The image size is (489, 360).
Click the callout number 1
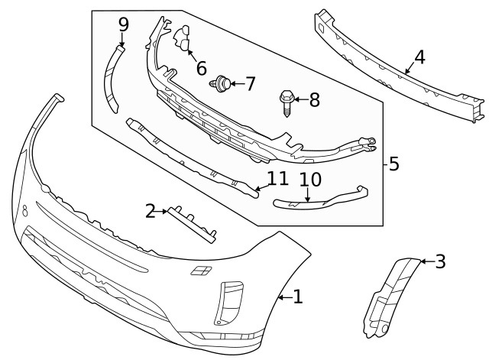pyautogui.click(x=297, y=297)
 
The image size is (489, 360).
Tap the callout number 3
pyautogui.click(x=439, y=262)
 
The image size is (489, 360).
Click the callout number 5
pyautogui.click(x=393, y=164)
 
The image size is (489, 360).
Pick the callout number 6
pyautogui.click(x=201, y=68)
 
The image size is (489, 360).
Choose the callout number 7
pyautogui.click(x=249, y=83)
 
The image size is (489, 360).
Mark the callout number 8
pyautogui.click(x=314, y=99)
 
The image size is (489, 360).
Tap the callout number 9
pyautogui.click(x=123, y=24)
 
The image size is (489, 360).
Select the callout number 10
pyautogui.click(x=310, y=180)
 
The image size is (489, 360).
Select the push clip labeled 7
pyautogui.click(x=223, y=83)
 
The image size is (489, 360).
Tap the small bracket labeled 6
pyautogui.click(x=184, y=40)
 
